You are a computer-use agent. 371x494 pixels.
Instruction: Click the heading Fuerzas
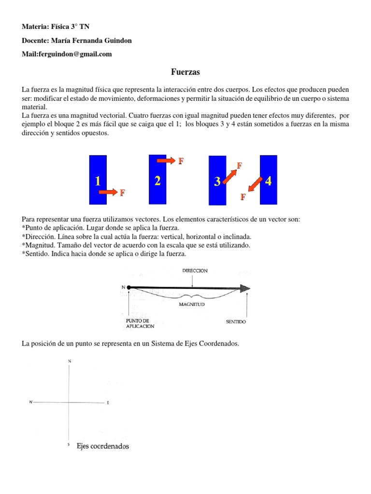point(185,72)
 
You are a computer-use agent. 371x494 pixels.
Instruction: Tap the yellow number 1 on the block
point(98,182)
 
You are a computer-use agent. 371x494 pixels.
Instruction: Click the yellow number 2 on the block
point(157,181)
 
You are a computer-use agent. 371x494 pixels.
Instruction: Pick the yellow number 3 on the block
point(217,182)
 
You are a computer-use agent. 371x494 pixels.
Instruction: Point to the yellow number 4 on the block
point(269,181)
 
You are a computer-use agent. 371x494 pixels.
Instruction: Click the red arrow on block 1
point(108,192)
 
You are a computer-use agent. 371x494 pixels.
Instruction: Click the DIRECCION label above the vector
point(195,271)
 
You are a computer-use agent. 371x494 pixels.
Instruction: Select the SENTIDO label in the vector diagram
point(236,321)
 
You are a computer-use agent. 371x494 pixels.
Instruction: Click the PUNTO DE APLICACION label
point(140,323)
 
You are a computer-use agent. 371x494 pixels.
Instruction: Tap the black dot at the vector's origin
point(129,288)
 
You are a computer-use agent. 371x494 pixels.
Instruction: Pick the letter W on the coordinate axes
point(30,402)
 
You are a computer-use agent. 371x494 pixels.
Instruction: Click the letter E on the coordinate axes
point(108,402)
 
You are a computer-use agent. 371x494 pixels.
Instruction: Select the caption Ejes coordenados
point(103,446)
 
